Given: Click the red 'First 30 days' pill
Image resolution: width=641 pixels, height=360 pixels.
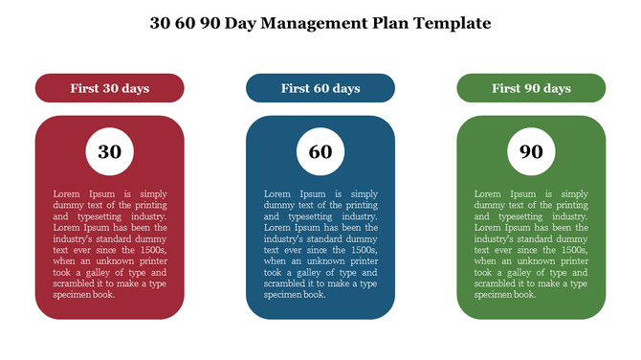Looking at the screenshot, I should click(109, 88).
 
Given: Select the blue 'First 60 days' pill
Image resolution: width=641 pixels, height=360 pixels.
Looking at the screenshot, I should click(320, 88).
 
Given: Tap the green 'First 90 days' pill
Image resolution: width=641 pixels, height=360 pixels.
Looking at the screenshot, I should click(531, 88).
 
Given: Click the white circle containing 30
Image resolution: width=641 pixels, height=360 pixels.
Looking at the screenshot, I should click(110, 151).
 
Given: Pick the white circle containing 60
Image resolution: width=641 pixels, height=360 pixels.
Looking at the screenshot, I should click(320, 151).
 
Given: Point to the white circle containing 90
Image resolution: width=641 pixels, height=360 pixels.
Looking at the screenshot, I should click(531, 151).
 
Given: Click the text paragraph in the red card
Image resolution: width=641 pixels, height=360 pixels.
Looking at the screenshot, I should click(109, 244).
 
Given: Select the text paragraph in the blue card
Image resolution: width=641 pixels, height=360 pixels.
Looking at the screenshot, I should click(320, 244).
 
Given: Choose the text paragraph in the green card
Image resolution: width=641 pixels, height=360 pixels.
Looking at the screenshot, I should click(531, 244).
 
